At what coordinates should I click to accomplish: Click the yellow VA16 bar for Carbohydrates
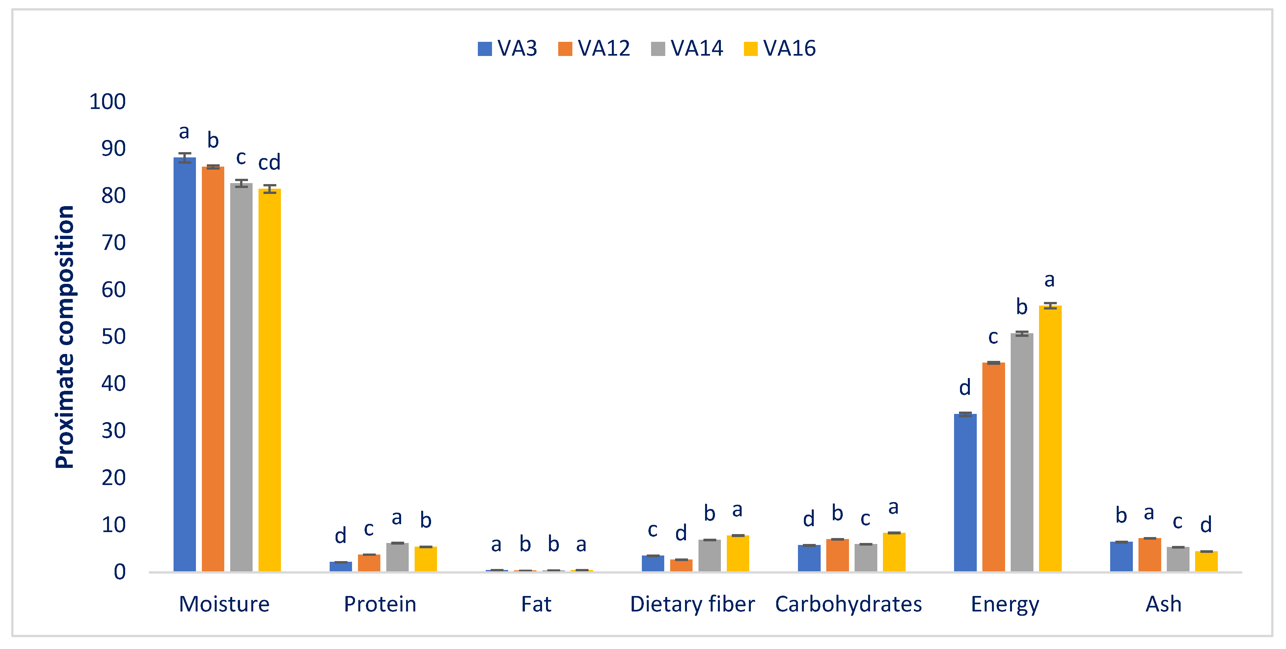pos(893,552)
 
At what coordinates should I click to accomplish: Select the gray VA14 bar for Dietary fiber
pos(709,555)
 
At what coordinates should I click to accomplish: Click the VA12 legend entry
pos(594,48)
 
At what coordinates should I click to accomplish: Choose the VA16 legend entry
pos(780,48)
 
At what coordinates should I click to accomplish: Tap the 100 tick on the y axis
pos(107,101)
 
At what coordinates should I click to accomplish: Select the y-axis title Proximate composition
pos(65,337)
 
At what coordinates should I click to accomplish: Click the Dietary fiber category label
pos(692,604)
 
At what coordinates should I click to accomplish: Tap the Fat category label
pos(536,604)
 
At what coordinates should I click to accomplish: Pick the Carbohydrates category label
pos(848,604)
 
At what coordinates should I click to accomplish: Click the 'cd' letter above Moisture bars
pos(269,162)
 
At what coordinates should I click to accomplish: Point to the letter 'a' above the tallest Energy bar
pos(1049,280)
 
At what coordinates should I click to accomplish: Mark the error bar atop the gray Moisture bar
pos(241,183)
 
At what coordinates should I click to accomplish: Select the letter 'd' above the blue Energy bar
pos(965,388)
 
